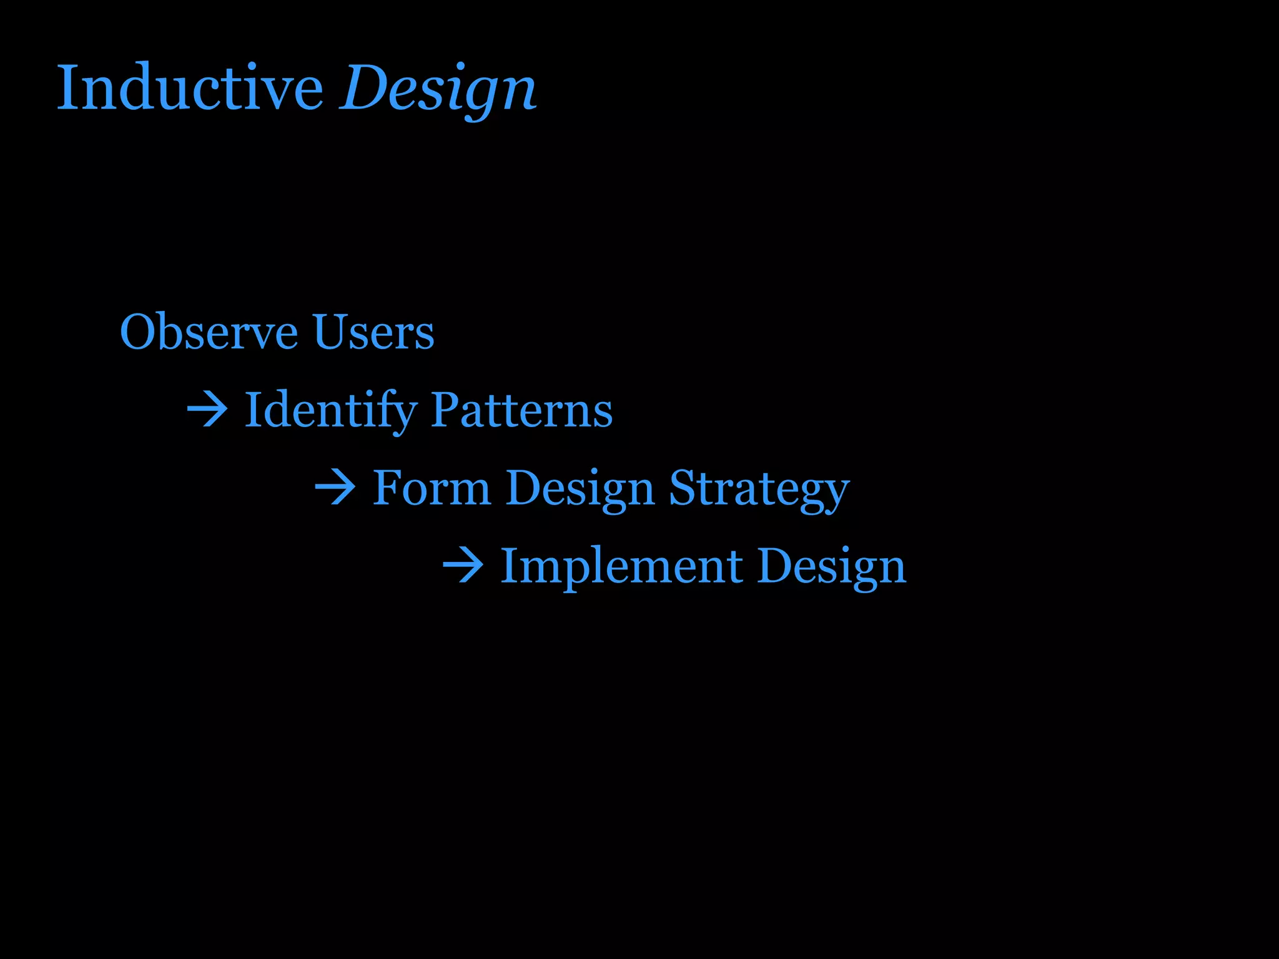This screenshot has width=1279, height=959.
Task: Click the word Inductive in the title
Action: tap(190, 89)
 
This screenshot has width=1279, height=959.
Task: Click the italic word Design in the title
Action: tap(437, 89)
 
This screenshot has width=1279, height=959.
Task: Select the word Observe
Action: tap(209, 332)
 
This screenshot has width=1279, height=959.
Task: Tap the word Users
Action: tap(373, 332)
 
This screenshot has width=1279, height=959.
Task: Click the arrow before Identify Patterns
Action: tap(207, 410)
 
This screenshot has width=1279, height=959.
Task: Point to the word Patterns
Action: tap(521, 410)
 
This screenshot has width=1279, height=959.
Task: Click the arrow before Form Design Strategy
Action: tap(335, 488)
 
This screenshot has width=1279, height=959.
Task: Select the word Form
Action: tap(432, 488)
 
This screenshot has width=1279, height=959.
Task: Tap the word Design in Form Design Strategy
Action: tap(580, 488)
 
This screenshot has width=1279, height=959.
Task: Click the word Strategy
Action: tap(759, 488)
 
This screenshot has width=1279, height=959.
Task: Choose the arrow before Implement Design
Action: tap(463, 566)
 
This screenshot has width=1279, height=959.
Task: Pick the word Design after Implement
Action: tap(831, 566)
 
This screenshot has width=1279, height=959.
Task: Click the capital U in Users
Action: tap(330, 332)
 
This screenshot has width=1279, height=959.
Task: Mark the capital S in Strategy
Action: tap(682, 488)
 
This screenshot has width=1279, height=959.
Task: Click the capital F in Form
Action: tap(387, 488)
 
